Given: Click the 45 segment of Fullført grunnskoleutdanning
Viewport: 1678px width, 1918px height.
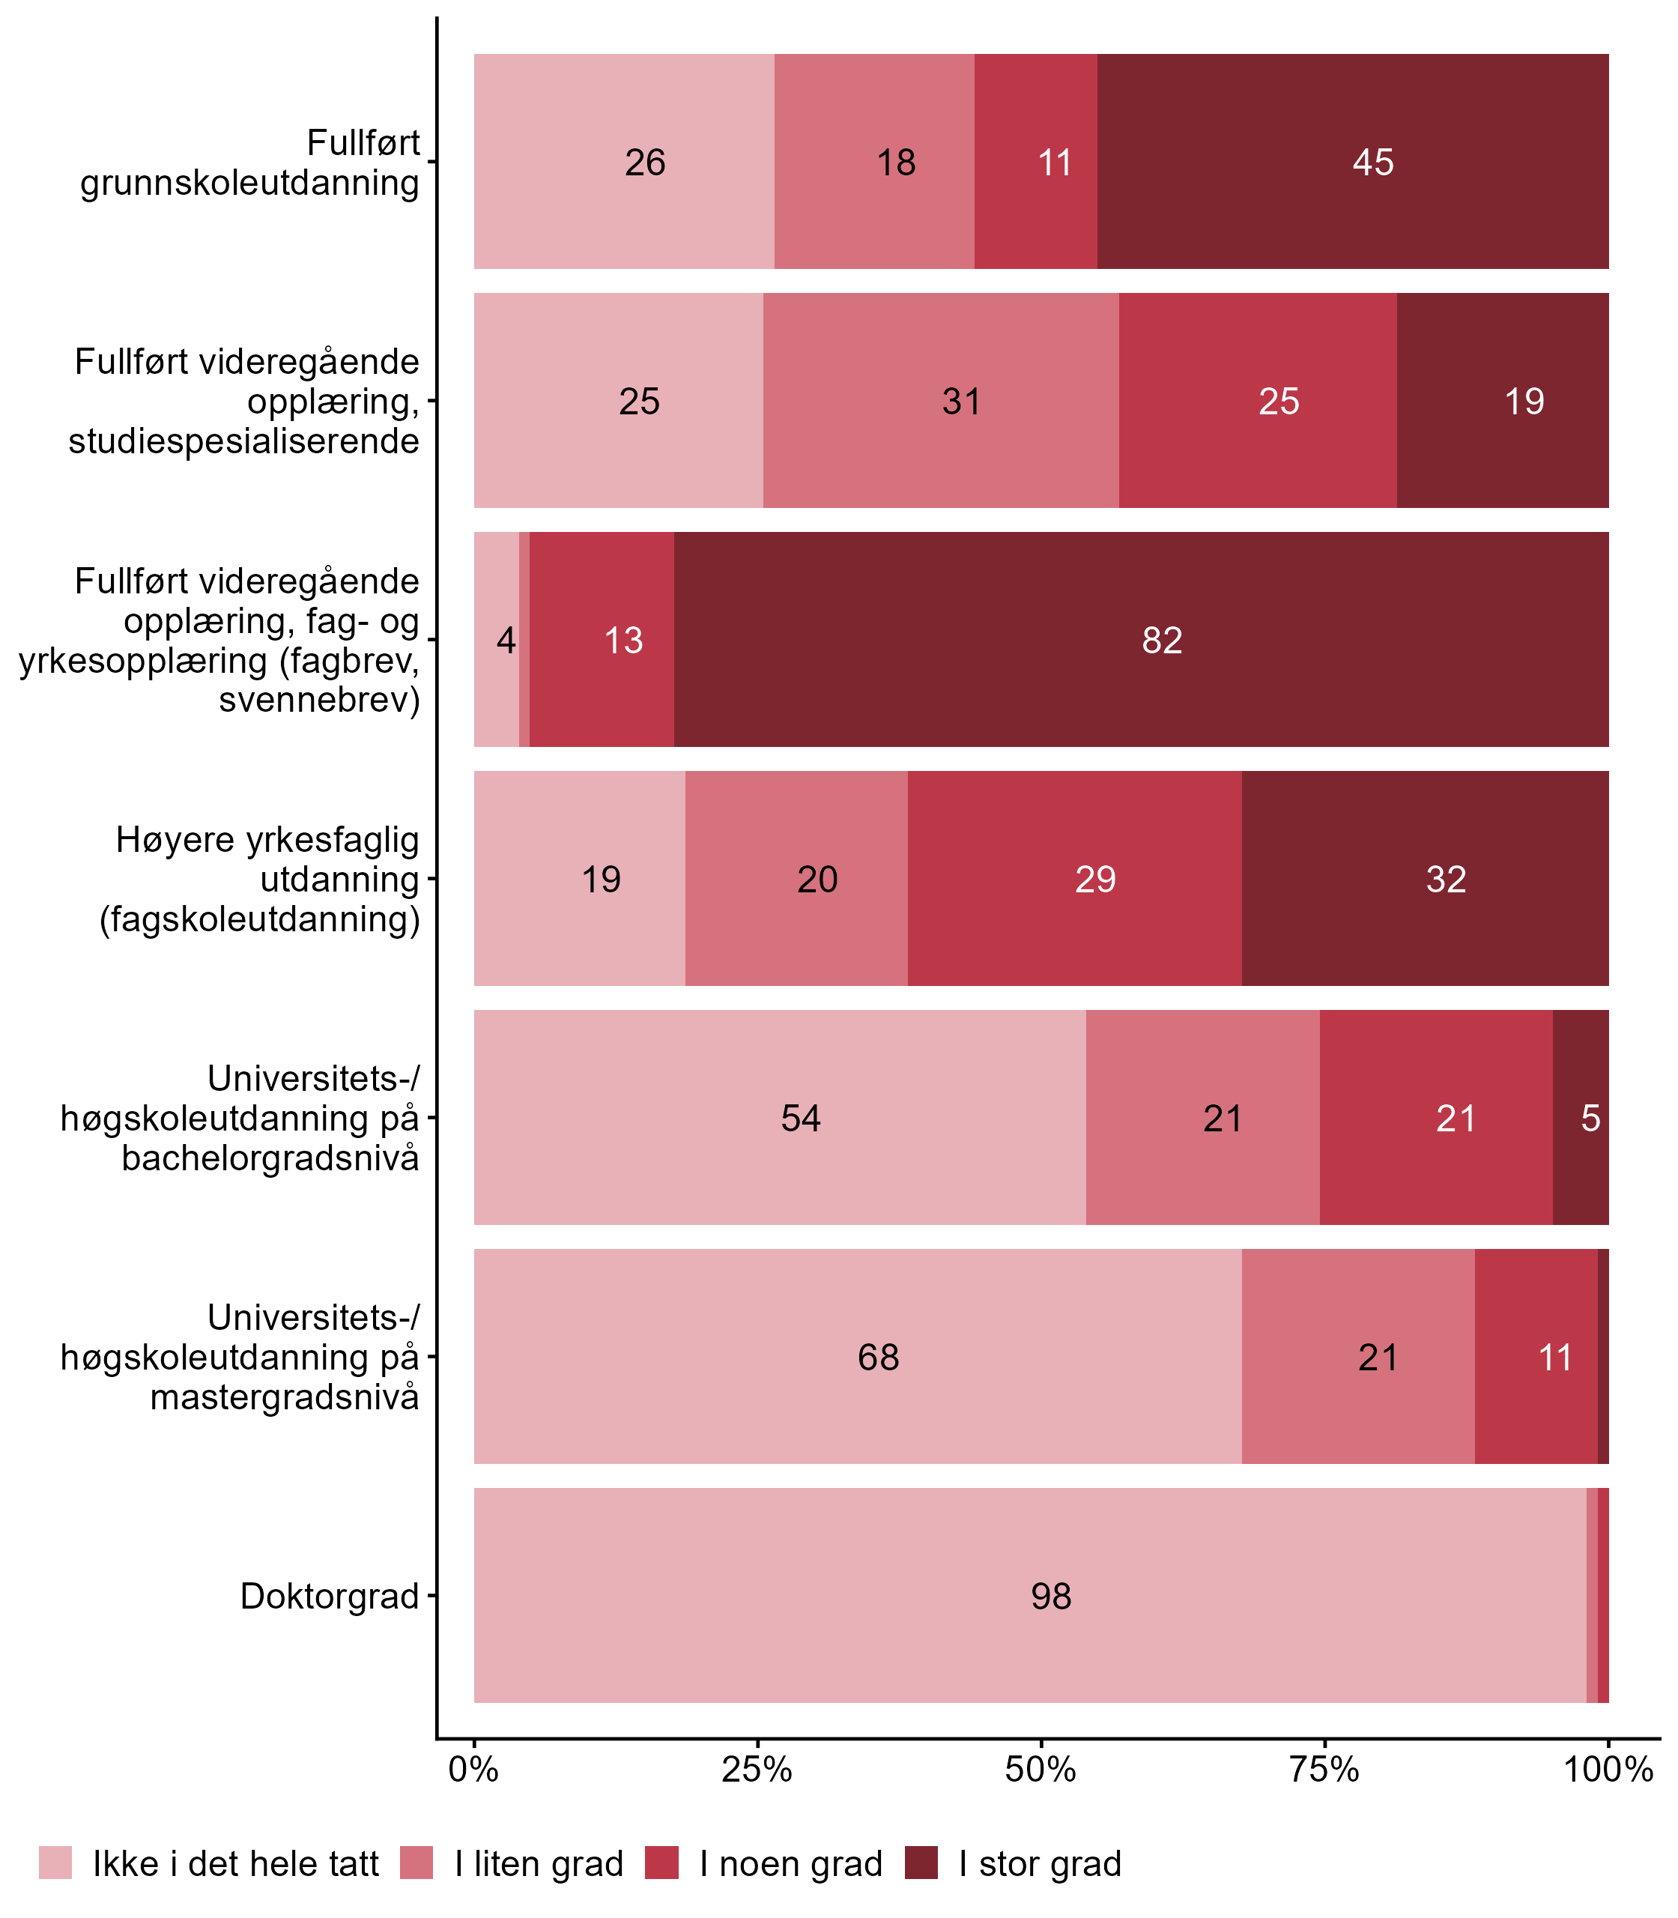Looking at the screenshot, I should [1352, 161].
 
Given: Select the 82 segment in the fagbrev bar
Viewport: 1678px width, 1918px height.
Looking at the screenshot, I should [1140, 640].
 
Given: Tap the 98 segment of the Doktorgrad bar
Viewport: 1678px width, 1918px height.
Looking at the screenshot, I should [1030, 1595].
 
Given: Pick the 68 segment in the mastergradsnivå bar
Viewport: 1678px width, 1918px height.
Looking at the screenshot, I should [858, 1356].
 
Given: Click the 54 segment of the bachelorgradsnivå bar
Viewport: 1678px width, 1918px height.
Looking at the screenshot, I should [780, 1117].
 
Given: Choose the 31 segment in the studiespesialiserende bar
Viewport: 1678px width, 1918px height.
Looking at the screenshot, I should [940, 401].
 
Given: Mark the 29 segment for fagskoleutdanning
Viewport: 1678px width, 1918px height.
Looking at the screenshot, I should [1075, 878].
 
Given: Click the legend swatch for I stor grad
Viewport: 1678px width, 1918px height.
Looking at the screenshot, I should [921, 1863].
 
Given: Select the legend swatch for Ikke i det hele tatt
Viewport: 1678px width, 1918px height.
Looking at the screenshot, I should [55, 1863].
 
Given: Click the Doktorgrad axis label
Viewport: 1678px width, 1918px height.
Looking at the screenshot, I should [330, 1596].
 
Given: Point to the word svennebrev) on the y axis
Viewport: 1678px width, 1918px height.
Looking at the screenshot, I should [319, 700].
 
